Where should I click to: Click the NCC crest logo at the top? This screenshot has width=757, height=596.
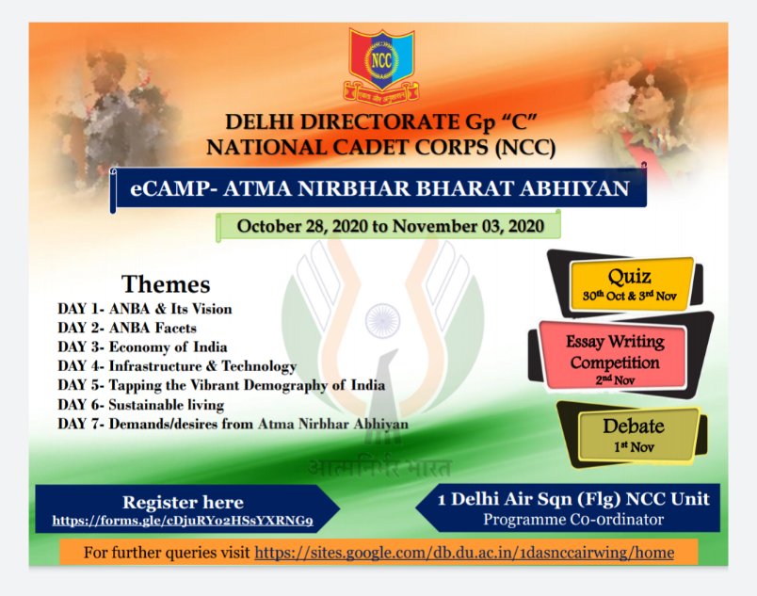tap(381, 66)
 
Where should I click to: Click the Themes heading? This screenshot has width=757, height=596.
tap(166, 283)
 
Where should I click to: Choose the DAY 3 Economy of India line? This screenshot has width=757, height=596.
tap(142, 346)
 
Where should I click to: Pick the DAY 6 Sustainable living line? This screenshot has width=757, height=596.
tap(141, 405)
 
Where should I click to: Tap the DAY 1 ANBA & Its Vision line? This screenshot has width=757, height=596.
tap(145, 309)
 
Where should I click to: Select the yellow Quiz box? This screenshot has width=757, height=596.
tap(632, 283)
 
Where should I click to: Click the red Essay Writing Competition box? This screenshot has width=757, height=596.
tap(614, 356)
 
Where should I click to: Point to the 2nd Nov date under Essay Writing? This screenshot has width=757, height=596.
tap(615, 379)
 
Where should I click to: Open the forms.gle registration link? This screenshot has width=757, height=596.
tap(183, 521)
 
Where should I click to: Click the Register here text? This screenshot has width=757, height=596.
tap(183, 503)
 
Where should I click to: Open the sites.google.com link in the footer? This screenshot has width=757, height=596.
tap(464, 552)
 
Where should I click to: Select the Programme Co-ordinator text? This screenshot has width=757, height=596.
tap(573, 520)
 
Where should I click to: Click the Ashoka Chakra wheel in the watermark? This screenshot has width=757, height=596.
tap(382, 320)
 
